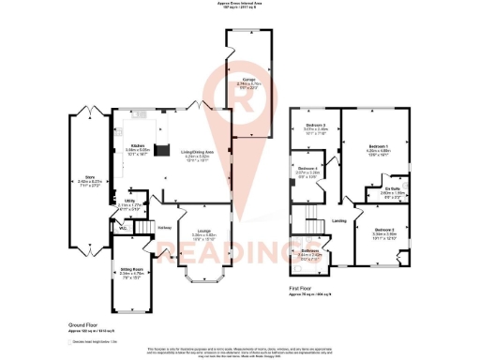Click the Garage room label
pyautogui.click(x=247, y=80)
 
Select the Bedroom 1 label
pyautogui.click(x=378, y=147)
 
